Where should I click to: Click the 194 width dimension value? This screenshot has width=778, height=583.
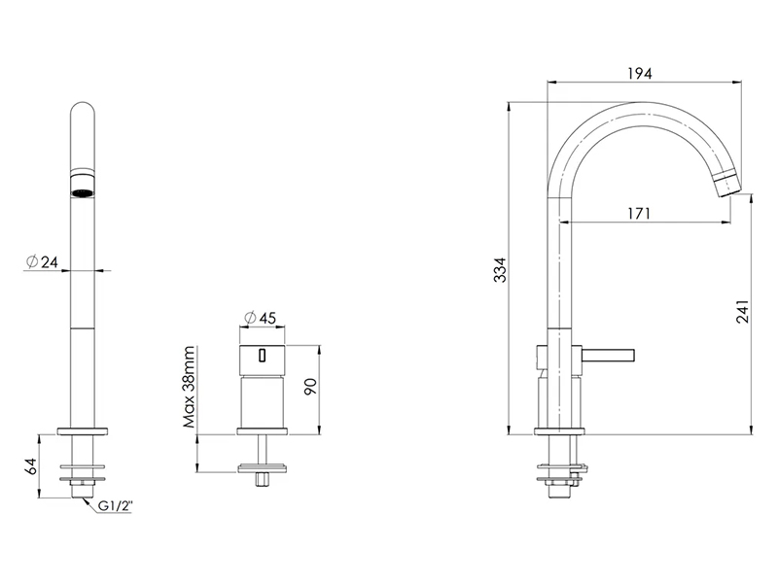point(640,73)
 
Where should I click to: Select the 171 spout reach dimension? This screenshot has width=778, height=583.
point(639,213)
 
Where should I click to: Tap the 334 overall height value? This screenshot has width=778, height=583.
point(501,270)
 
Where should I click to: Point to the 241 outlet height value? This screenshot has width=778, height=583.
point(742,311)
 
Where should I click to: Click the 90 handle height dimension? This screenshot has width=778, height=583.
point(310,386)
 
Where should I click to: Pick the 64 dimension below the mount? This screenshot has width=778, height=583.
point(31,466)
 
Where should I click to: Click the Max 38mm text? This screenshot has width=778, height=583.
point(189,387)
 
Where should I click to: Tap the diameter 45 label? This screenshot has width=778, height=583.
point(261,318)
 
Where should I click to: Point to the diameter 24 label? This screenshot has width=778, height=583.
point(42,261)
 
